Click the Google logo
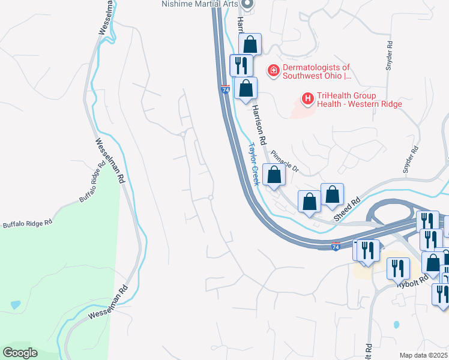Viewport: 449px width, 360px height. [x=20, y=353]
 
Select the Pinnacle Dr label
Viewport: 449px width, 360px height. [x=285, y=161]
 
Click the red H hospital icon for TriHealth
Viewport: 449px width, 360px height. [x=307, y=98]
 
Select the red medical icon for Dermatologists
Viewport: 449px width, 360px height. [x=274, y=71]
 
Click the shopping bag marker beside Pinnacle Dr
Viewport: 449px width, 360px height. [x=274, y=176]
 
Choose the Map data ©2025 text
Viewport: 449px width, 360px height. [x=424, y=355]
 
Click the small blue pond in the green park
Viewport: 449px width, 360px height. [x=15, y=305]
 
